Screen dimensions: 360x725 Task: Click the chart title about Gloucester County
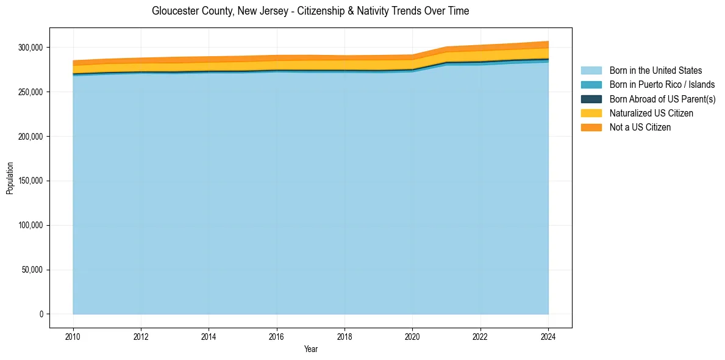(310, 11)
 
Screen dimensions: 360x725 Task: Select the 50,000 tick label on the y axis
(32, 270)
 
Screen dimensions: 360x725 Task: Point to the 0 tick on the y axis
(41, 314)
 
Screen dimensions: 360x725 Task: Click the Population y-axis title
(10, 178)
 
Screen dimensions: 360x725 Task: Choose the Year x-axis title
(310, 349)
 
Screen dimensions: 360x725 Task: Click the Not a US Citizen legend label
(640, 127)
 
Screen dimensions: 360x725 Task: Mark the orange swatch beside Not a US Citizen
(591, 127)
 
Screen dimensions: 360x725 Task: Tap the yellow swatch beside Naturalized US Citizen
(591, 113)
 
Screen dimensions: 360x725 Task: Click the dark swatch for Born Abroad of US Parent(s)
(591, 99)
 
